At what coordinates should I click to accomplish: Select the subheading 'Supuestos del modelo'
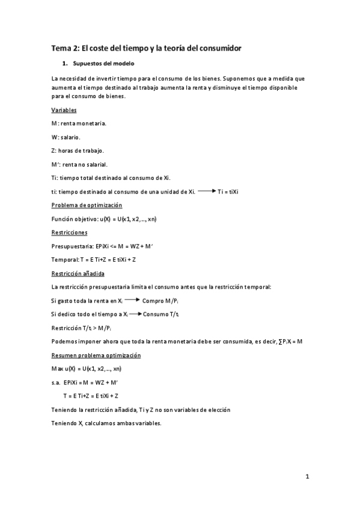tap(103, 63)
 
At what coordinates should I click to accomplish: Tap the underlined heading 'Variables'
tap(64, 110)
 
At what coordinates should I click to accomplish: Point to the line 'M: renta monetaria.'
tap(79, 123)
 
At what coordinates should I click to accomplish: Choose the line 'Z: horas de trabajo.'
tap(78, 150)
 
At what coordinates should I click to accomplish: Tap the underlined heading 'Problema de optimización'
tap(87, 205)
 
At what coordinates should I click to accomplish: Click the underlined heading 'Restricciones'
tap(69, 232)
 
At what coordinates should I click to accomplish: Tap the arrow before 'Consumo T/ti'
tap(135, 314)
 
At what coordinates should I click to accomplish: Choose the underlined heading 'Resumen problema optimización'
tap(96, 355)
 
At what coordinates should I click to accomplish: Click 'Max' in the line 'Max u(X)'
tap(58, 368)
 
